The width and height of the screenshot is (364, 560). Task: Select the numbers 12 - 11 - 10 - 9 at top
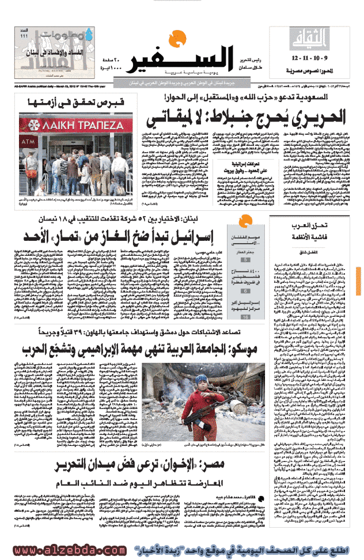(x=312, y=59)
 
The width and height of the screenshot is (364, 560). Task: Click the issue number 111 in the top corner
(x=24, y=36)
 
